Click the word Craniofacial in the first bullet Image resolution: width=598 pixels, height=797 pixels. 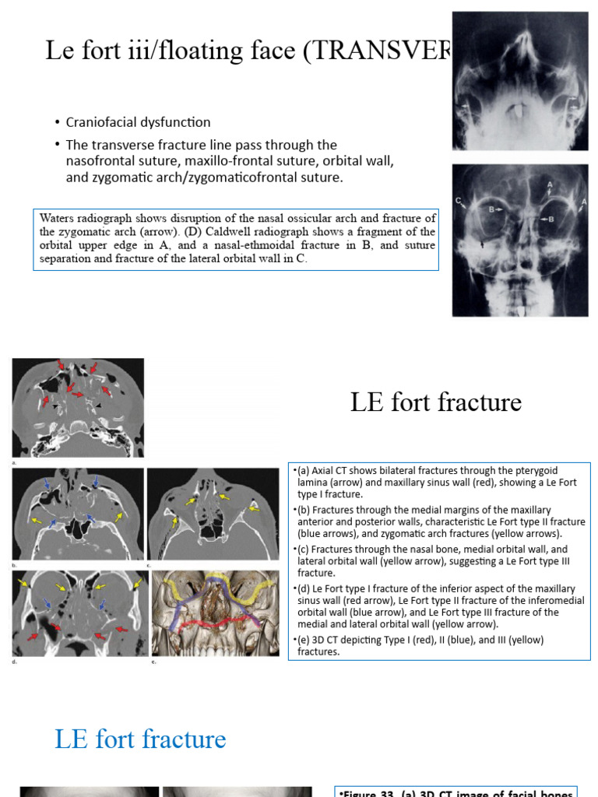tap(101, 122)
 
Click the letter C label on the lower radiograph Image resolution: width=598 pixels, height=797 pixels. tap(459, 201)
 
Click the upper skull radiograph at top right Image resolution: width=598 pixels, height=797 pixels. tap(519, 81)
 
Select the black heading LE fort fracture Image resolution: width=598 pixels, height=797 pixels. tap(435, 402)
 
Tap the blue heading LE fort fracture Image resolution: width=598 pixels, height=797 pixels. tap(140, 739)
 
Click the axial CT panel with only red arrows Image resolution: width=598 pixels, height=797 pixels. tap(78, 406)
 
